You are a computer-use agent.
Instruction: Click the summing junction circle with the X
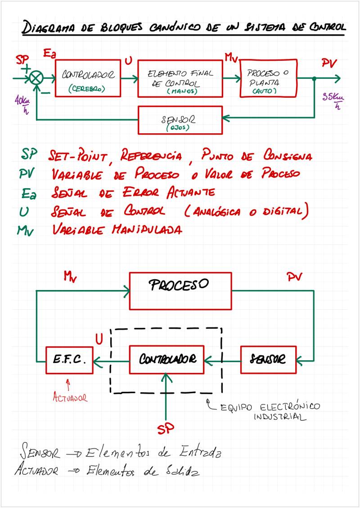pyautogui.click(x=36, y=78)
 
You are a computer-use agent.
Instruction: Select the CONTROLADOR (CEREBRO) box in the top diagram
pyautogui.click(x=88, y=78)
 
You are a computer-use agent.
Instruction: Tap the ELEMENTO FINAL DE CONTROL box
pyautogui.click(x=180, y=78)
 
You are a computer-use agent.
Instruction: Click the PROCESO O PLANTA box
pyautogui.click(x=269, y=78)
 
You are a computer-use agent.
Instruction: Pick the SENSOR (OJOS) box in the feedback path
pyautogui.click(x=180, y=120)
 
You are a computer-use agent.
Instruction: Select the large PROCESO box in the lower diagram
pyautogui.click(x=180, y=290)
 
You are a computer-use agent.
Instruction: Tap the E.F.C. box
pyautogui.click(x=70, y=360)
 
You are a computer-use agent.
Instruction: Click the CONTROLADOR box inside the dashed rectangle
pyautogui.click(x=166, y=359)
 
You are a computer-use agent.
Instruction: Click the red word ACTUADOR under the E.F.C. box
pyautogui.click(x=70, y=398)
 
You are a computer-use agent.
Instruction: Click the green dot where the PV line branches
pyautogui.click(x=314, y=78)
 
